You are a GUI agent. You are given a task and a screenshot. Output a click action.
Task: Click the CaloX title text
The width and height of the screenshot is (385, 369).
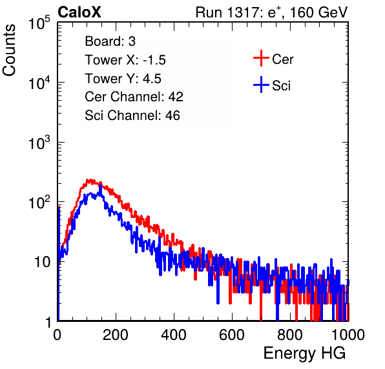[x=79, y=12]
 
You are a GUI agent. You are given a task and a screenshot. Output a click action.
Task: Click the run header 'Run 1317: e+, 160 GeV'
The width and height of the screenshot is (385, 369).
[x=271, y=12]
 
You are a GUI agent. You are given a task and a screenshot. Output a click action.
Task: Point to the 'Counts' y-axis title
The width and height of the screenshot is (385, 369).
[x=9, y=50]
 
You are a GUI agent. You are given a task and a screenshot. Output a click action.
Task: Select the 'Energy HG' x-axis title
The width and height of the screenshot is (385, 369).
[x=304, y=354]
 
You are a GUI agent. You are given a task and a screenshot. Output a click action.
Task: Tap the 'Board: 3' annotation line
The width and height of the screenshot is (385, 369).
[x=110, y=41]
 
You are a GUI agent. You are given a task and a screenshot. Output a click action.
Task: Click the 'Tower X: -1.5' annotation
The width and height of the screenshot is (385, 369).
[x=125, y=60]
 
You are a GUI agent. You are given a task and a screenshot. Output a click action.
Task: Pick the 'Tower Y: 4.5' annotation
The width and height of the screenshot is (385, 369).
[x=123, y=79]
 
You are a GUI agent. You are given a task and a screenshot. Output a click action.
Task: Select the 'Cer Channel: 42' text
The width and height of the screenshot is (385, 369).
[x=134, y=97]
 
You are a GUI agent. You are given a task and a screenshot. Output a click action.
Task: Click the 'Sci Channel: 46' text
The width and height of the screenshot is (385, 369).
[x=132, y=115]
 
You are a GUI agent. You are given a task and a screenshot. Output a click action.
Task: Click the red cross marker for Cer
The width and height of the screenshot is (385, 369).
[x=261, y=58]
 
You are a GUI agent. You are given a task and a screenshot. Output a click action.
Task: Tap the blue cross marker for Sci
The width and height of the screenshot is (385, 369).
[x=261, y=85]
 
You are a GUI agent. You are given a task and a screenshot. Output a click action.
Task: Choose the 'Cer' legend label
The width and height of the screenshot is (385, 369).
[x=282, y=59]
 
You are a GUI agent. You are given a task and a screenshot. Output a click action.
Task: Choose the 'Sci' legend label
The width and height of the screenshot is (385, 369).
[x=281, y=86]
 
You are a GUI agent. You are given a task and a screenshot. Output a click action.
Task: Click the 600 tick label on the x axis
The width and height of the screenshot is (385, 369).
[x=232, y=335]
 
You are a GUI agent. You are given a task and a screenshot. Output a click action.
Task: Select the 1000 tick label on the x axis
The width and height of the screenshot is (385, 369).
[x=348, y=335]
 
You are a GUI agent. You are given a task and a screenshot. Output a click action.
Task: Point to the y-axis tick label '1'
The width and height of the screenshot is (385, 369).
[x=49, y=322]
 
